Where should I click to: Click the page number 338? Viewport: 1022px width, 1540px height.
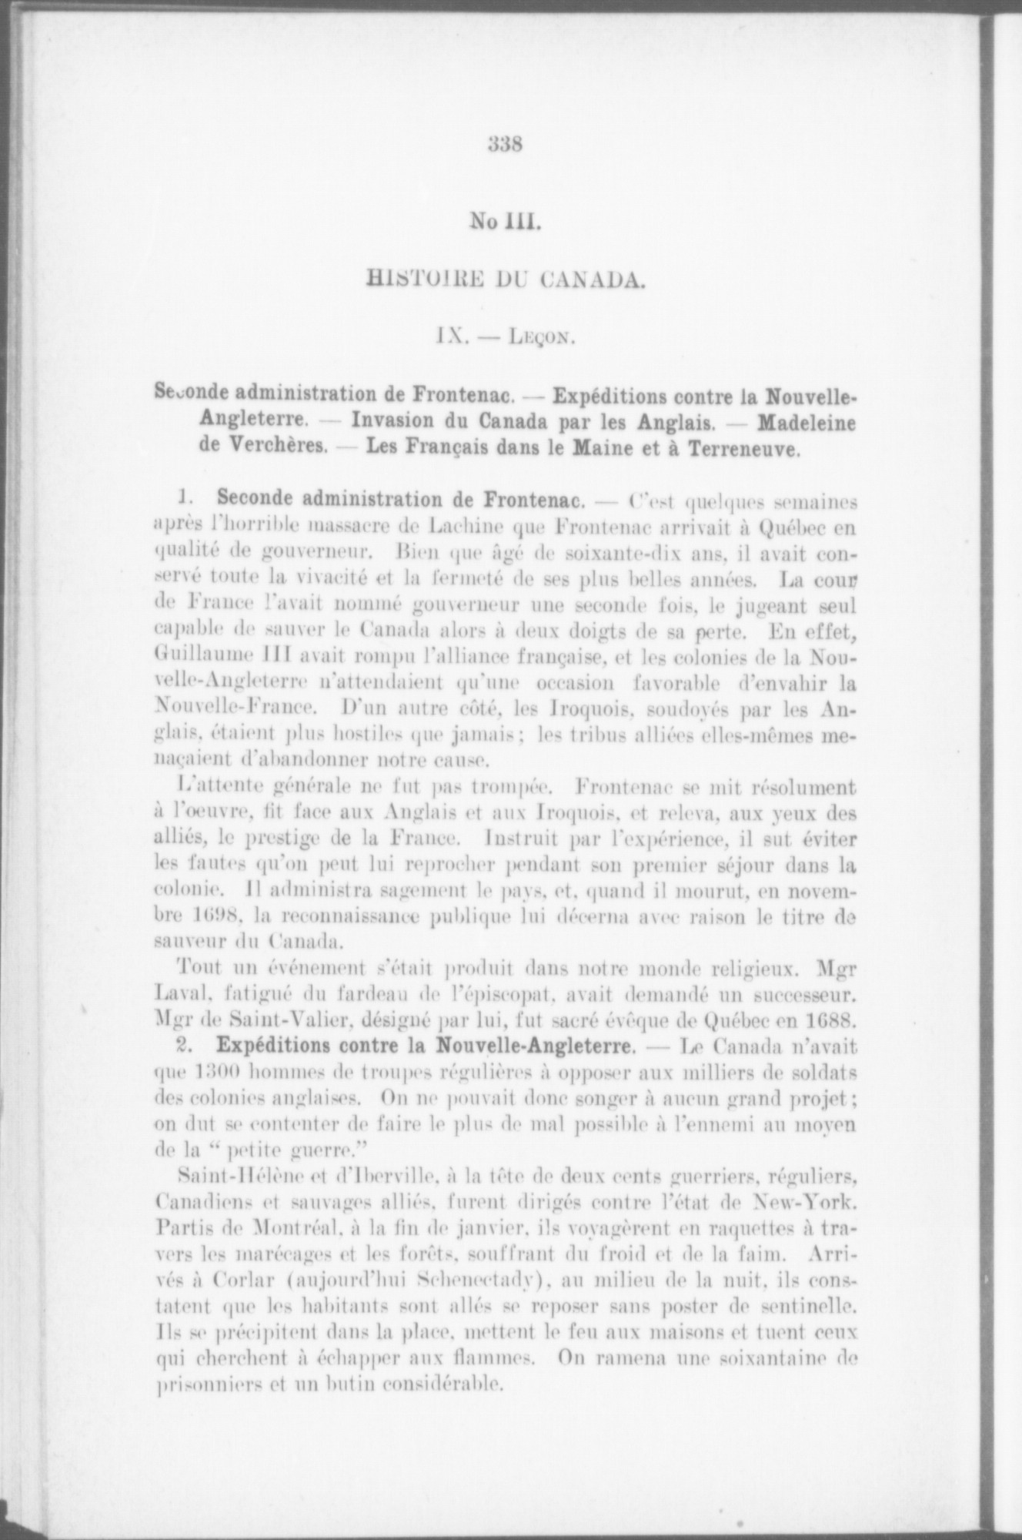[506, 144]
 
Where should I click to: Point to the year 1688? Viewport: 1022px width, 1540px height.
[826, 1021]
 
